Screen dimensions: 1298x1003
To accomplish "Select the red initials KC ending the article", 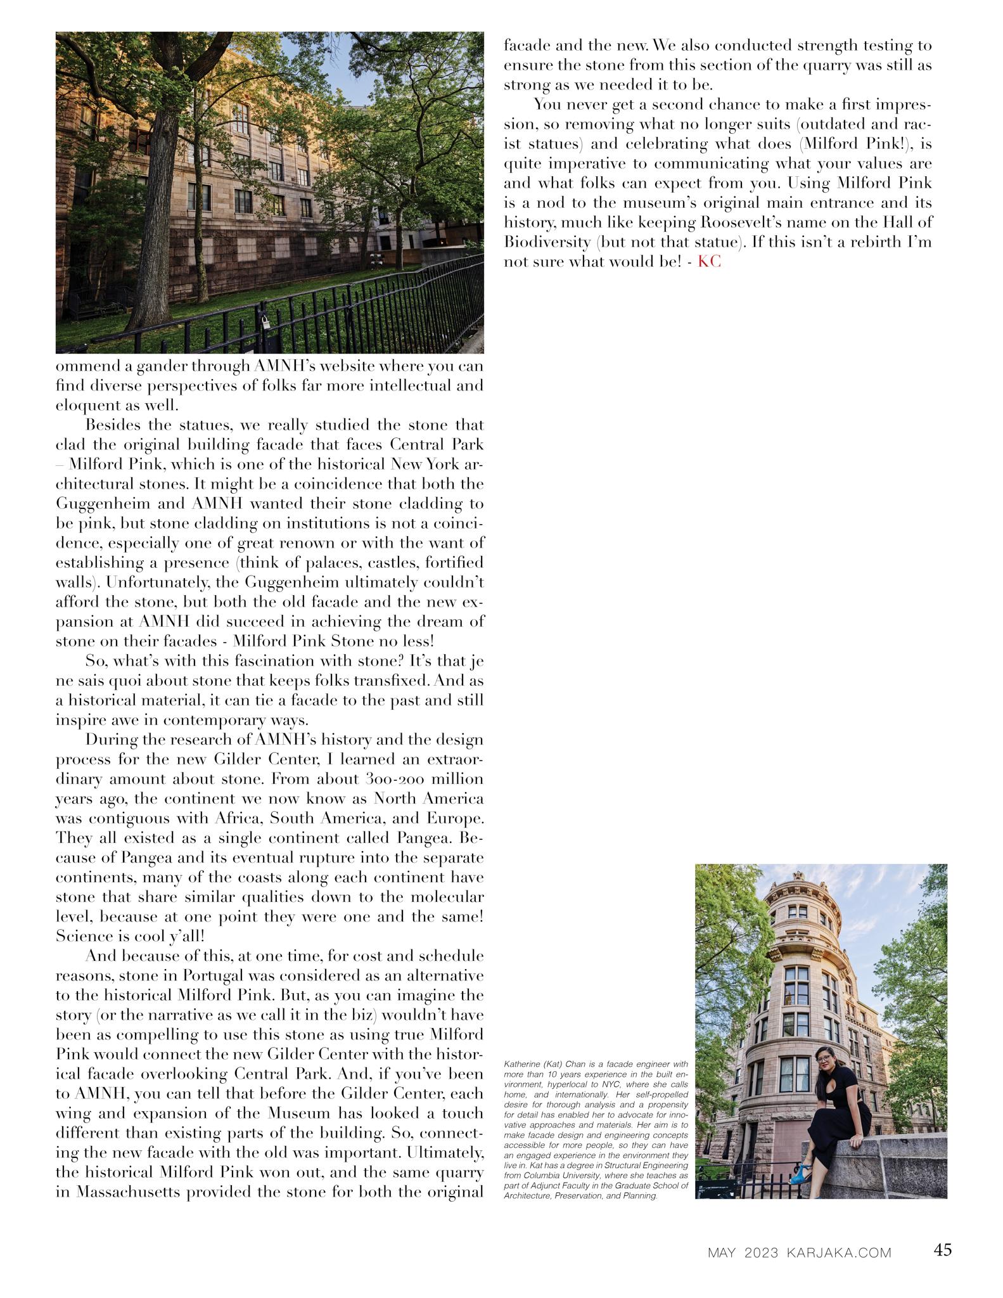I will click(x=709, y=262).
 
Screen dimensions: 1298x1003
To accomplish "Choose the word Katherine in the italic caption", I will click(x=521, y=1063).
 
